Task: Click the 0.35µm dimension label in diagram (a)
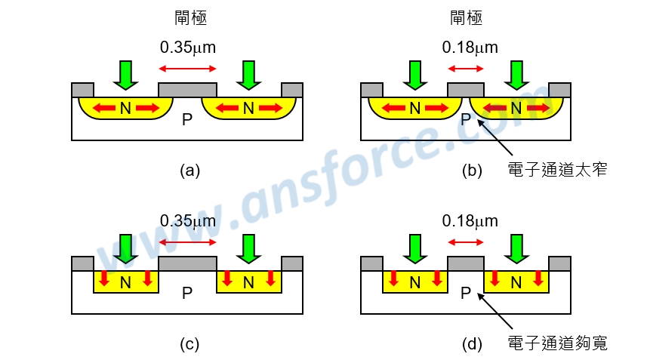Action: tap(188, 48)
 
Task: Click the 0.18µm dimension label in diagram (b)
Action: tap(470, 48)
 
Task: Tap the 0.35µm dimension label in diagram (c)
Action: tap(188, 221)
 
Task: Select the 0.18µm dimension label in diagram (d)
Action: tap(470, 221)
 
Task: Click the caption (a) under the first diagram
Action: tap(189, 171)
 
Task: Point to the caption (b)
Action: tap(472, 171)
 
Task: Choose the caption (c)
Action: tap(189, 344)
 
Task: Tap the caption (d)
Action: tap(472, 344)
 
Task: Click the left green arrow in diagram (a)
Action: tap(125, 75)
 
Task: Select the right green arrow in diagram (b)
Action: tap(517, 75)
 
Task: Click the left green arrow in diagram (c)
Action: tap(125, 248)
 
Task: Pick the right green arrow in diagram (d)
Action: tap(517, 248)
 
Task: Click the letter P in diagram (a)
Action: tap(187, 119)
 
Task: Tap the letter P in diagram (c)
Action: tap(187, 294)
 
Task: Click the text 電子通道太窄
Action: tap(558, 171)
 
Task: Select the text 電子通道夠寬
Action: tap(558, 344)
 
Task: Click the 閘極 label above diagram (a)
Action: tap(188, 17)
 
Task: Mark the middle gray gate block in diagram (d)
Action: tap(465, 264)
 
